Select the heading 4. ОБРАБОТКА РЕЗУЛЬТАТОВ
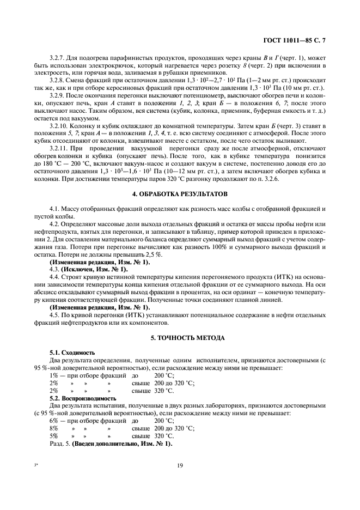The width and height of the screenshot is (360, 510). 180,194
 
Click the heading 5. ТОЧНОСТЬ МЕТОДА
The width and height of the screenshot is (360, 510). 180,338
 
